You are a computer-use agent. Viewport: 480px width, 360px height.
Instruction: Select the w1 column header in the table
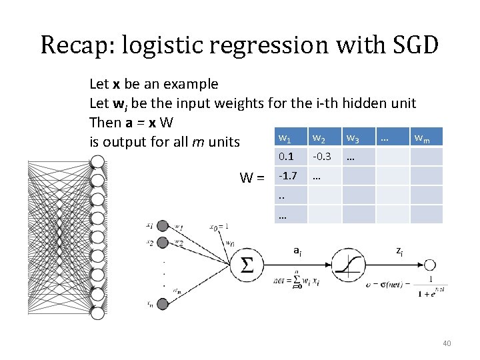285,139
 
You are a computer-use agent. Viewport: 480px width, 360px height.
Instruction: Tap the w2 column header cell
318,139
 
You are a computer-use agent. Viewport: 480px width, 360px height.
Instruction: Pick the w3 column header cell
352,139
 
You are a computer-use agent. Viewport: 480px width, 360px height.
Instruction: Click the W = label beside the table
252,178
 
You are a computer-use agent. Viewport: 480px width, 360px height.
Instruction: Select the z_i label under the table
399,251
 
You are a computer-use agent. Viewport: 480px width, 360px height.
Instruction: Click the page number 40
447,343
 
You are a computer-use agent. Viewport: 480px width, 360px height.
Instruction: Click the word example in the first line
192,84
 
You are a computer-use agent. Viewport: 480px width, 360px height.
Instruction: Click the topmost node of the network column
97,162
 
